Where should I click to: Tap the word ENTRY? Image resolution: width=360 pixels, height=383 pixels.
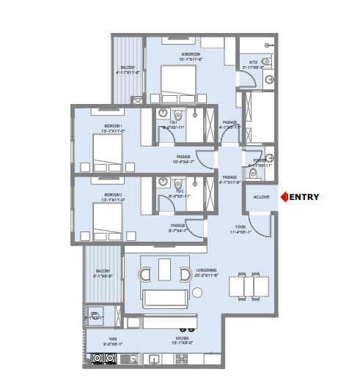point(305,196)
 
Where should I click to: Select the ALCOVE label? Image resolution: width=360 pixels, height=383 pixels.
point(261,197)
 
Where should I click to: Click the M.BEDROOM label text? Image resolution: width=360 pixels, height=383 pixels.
point(192,53)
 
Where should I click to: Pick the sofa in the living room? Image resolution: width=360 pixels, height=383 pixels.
point(165,297)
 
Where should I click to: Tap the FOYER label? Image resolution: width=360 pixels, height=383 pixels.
point(238,228)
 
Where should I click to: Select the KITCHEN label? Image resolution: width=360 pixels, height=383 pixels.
point(180,338)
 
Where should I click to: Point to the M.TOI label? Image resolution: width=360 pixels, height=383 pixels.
point(251,63)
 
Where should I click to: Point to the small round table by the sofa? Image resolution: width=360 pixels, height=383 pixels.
point(197,293)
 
